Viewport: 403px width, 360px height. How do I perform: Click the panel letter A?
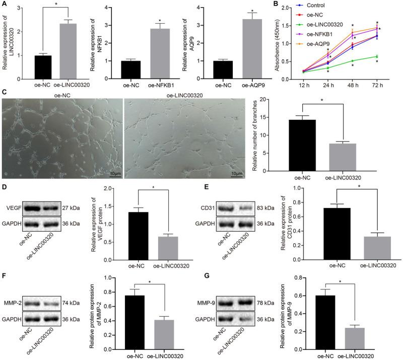coord(5,7)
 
